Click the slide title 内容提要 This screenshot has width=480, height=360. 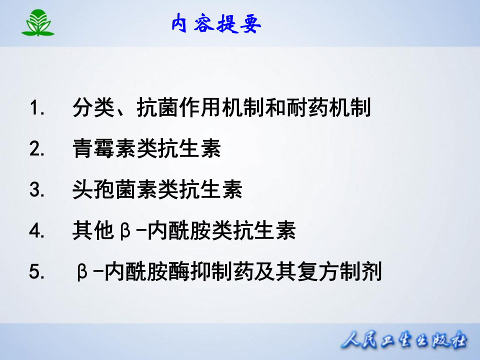click(x=216, y=23)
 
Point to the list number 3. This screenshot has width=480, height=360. click(x=37, y=190)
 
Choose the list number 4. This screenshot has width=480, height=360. click(x=37, y=231)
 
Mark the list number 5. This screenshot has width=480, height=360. click(x=37, y=272)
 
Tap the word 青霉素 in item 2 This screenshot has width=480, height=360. click(x=104, y=149)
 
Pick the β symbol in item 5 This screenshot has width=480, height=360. click(x=82, y=273)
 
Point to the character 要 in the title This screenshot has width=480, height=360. click(x=250, y=23)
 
